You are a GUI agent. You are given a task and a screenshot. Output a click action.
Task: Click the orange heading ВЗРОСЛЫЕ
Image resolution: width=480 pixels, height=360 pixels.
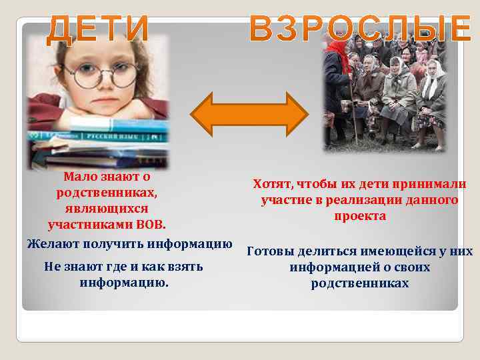[360, 29]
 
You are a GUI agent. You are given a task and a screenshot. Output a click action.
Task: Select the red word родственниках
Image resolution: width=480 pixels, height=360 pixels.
[107, 193]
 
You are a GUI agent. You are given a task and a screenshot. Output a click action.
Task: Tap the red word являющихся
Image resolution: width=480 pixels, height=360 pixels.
[107, 208]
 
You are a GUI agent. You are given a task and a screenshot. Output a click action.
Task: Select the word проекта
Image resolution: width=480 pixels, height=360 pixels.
[360, 216]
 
